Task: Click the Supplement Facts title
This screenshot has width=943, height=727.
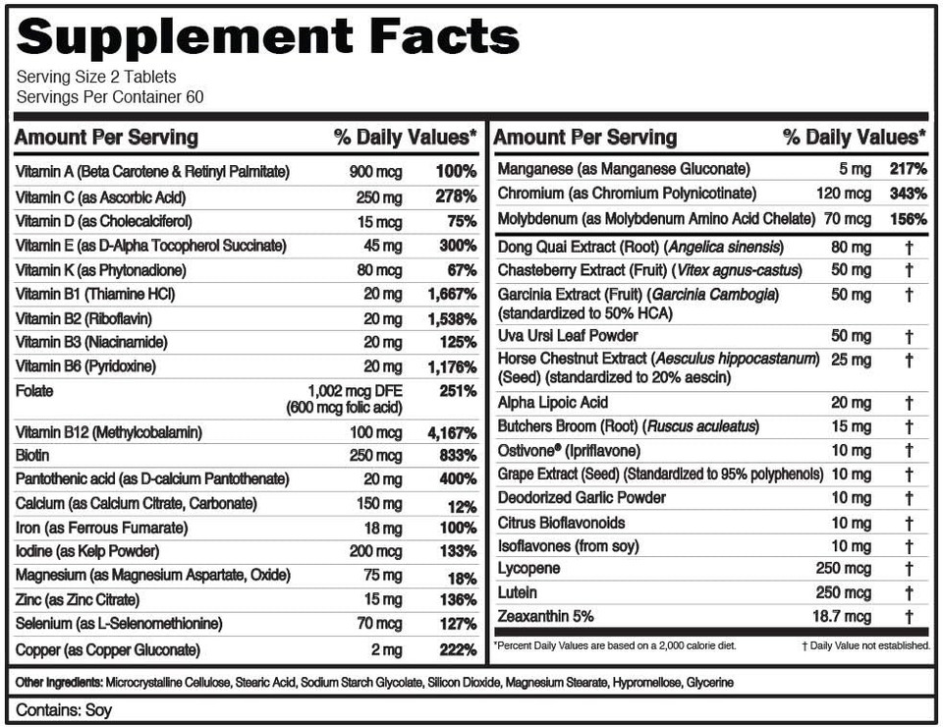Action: (x=267, y=36)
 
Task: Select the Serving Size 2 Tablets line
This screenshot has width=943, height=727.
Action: (x=96, y=78)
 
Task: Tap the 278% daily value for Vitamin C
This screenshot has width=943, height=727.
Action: (x=455, y=197)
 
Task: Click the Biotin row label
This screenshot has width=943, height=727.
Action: (x=33, y=456)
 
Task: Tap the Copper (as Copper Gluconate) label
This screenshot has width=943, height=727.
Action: (x=108, y=649)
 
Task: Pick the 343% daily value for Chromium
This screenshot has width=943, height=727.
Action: (x=908, y=194)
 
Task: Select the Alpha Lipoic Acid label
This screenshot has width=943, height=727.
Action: (x=553, y=402)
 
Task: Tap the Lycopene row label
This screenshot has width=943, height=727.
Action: (x=528, y=569)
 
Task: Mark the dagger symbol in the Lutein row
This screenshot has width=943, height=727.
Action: (x=909, y=593)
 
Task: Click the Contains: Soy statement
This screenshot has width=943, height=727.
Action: (x=64, y=709)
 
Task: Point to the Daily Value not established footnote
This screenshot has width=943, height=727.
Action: (x=865, y=645)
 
